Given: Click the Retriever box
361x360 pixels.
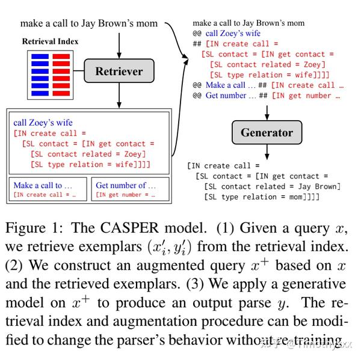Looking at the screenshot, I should pos(119,72).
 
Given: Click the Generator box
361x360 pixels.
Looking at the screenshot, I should pos(267,133).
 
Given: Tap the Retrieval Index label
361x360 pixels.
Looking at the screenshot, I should pos(50,42).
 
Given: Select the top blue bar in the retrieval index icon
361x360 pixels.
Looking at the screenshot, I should pos(40,55).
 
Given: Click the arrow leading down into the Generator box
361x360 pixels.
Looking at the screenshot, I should pos(267,112).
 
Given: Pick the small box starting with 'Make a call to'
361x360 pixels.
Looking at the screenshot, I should pos(47,189).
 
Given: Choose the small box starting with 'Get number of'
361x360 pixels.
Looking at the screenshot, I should pos(129,189).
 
